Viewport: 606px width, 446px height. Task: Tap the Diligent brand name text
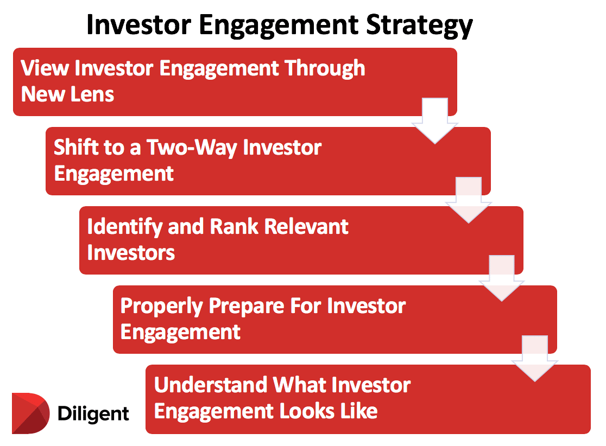93,414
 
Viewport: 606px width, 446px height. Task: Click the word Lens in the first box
93,94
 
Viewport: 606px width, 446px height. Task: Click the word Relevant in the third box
307,227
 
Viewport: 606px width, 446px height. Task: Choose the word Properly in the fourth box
162,306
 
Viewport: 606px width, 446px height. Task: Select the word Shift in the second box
74,148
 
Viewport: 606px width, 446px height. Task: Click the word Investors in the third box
131,252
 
